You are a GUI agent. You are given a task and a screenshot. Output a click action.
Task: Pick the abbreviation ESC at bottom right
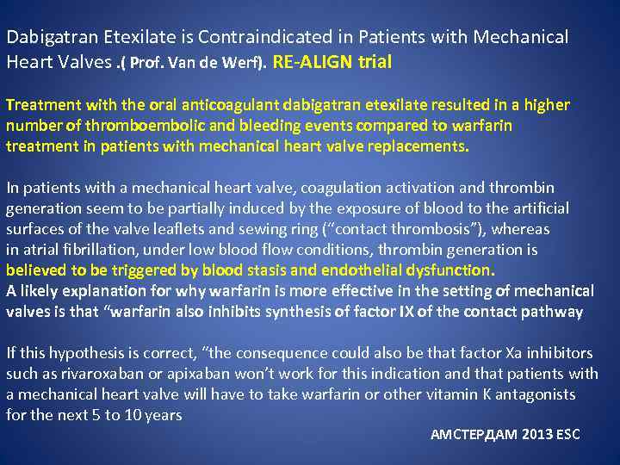569,435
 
